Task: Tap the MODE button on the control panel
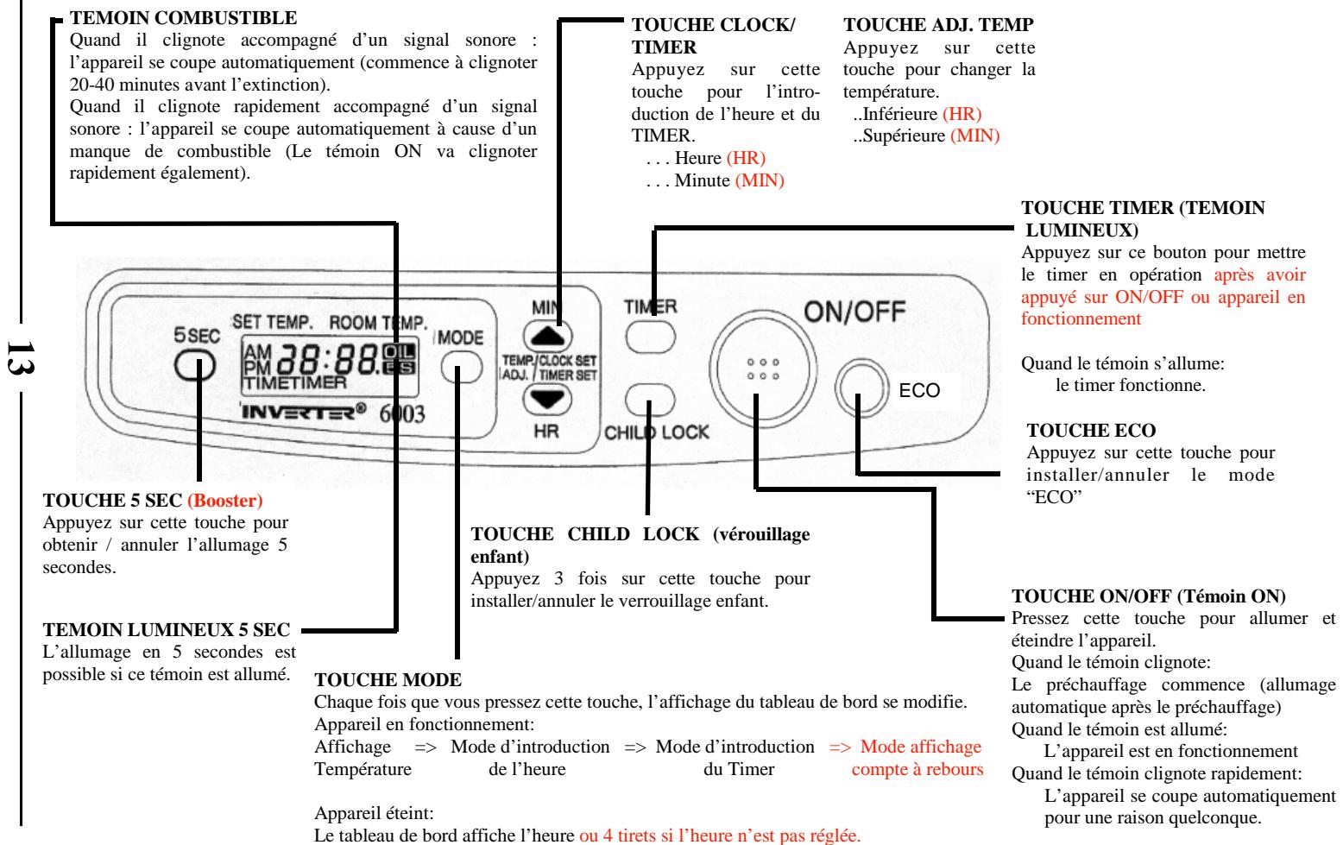pos(461,368)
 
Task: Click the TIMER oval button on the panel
pos(651,336)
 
